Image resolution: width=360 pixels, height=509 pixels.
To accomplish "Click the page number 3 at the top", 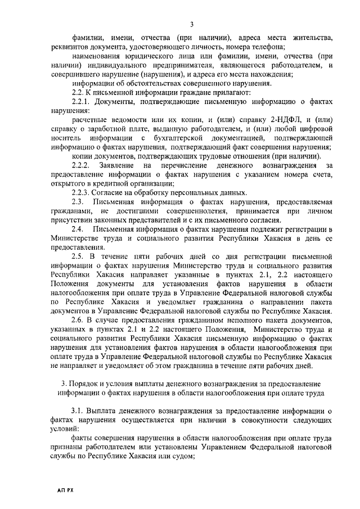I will coord(191,24).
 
